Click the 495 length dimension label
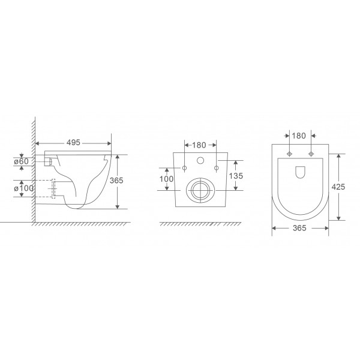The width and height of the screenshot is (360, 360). coord(73,143)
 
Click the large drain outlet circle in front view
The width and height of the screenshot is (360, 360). coord(199,190)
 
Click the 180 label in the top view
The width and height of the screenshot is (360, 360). coord(300,135)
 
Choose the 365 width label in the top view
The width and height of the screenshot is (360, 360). coord(300,228)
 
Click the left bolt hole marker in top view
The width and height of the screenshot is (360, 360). coord(289,154)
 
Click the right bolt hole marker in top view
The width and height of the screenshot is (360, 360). coord(311,154)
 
